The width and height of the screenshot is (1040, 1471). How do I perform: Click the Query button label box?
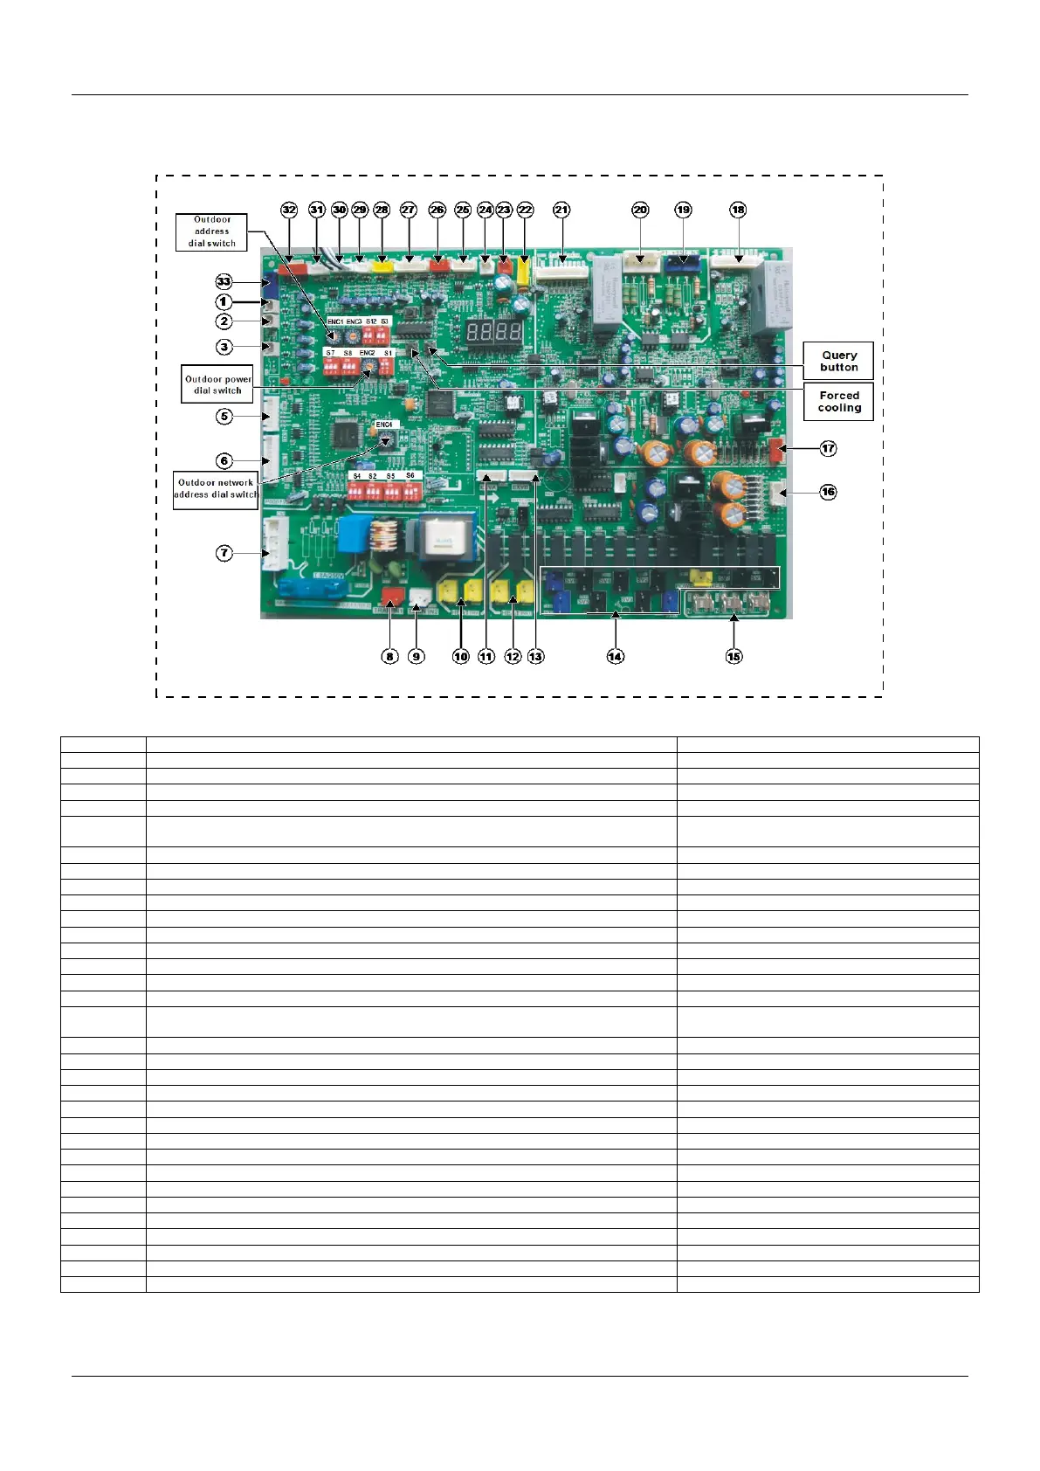click(838, 361)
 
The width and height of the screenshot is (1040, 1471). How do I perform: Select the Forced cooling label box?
click(838, 402)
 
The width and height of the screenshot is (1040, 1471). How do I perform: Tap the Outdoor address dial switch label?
click(211, 231)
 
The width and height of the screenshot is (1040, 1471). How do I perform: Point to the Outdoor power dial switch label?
click(217, 384)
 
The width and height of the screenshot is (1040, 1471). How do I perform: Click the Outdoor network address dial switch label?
click(216, 488)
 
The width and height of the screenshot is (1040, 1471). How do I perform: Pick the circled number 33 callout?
click(224, 281)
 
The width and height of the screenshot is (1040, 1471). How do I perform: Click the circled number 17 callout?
click(828, 448)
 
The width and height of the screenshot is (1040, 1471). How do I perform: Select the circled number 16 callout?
click(828, 492)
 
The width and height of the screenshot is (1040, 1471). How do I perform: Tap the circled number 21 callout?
click(561, 210)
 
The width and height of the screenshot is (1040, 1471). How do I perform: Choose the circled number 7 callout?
click(224, 553)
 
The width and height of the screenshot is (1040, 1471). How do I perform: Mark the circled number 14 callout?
click(616, 656)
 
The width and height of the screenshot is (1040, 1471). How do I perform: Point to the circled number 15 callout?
click(734, 656)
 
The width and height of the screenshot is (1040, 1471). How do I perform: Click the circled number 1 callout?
click(224, 301)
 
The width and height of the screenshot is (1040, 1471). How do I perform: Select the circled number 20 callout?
click(640, 210)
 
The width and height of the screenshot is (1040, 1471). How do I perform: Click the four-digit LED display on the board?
click(493, 332)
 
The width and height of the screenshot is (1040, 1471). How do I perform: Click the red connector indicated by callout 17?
click(775, 450)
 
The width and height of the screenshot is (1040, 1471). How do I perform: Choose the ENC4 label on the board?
click(384, 425)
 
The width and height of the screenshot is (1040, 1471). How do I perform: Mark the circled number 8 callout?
click(390, 656)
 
